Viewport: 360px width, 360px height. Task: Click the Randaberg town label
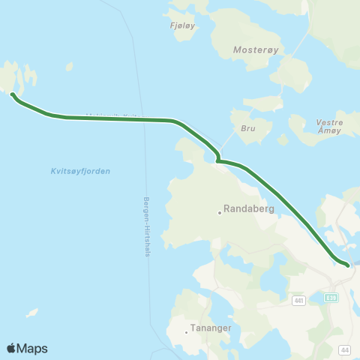point(249,210)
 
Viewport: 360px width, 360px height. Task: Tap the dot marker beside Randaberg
point(220,212)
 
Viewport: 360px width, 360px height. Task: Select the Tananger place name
point(211,328)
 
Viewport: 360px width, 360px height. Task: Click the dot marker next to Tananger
point(187,331)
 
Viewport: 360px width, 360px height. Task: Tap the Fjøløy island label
point(184,25)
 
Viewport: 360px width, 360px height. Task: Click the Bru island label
point(249,128)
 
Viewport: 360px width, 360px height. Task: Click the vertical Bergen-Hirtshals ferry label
point(145,227)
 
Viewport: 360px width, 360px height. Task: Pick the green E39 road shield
point(331,298)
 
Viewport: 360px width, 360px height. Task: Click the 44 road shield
point(344,349)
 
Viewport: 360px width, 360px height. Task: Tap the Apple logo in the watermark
point(12,348)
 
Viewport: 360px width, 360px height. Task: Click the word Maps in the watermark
point(33,348)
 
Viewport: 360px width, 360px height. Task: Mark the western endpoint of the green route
point(13,94)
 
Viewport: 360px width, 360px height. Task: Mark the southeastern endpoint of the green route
point(347,264)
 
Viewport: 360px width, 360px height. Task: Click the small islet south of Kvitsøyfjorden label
point(32,312)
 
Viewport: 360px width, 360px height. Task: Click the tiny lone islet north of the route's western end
point(69,66)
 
